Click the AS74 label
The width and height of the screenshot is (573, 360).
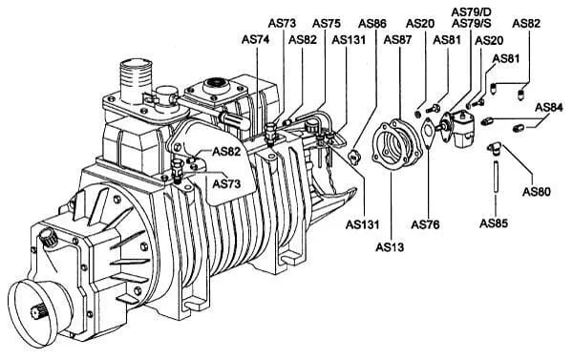pyautogui.click(x=255, y=39)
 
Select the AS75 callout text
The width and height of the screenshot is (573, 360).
pyautogui.click(x=326, y=23)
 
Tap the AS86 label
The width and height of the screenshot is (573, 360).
pyautogui.click(x=372, y=23)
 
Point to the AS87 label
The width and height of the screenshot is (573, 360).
pyautogui.click(x=397, y=39)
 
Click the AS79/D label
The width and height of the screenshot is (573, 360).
pyautogui.click(x=471, y=11)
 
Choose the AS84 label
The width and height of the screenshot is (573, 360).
pyautogui.click(x=549, y=108)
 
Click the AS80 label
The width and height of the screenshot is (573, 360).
pyautogui.click(x=536, y=192)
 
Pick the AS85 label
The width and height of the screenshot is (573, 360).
pyautogui.click(x=494, y=222)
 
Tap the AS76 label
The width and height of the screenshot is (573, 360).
pyautogui.click(x=425, y=224)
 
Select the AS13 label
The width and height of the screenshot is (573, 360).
pyautogui.click(x=390, y=247)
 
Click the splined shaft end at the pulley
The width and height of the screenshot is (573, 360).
pyautogui.click(x=39, y=314)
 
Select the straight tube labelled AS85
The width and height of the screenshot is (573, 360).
pyautogui.click(x=496, y=176)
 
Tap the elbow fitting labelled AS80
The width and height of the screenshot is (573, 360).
pyautogui.click(x=494, y=148)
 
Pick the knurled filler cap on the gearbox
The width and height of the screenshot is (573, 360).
pyautogui.click(x=49, y=238)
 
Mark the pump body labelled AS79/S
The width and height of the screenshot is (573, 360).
pyautogui.click(x=461, y=129)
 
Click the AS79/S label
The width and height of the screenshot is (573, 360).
pyautogui.click(x=472, y=23)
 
